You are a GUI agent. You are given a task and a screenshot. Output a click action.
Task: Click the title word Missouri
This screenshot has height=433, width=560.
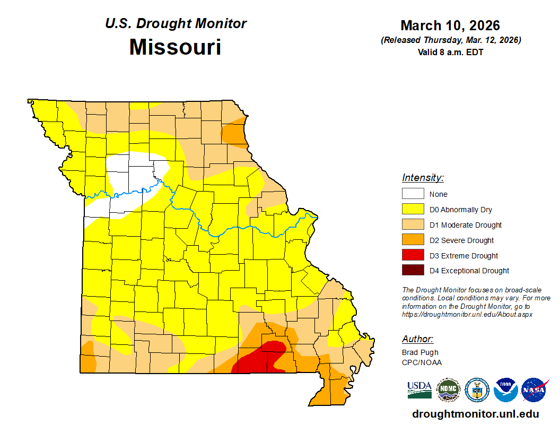pyautogui.click(x=175, y=47)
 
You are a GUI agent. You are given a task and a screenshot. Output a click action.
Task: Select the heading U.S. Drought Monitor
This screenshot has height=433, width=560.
pyautogui.click(x=176, y=24)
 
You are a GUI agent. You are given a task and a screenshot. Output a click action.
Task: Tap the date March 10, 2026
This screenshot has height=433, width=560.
pyautogui.click(x=450, y=25)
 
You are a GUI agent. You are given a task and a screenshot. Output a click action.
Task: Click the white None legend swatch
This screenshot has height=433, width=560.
pyautogui.click(x=413, y=194)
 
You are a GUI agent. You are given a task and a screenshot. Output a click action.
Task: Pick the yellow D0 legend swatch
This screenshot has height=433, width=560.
pyautogui.click(x=413, y=210)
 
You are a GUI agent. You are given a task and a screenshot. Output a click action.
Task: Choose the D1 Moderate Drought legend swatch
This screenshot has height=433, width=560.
pyautogui.click(x=413, y=225)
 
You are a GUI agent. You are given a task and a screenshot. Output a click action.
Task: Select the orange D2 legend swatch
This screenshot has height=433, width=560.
pyautogui.click(x=413, y=240)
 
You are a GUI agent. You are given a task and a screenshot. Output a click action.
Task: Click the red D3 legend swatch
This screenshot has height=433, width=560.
pyautogui.click(x=413, y=255)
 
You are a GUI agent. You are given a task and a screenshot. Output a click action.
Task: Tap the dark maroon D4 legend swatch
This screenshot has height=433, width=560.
pyautogui.click(x=413, y=271)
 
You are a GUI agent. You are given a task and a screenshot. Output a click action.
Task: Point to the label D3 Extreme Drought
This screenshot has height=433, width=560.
pyautogui.click(x=463, y=256)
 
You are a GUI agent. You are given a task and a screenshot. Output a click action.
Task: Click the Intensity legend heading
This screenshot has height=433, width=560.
pyautogui.click(x=423, y=178)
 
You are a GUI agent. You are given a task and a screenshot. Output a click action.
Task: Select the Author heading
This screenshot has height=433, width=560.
pyautogui.click(x=417, y=339)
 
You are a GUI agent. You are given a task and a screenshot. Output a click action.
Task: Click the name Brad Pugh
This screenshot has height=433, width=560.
pyautogui.click(x=420, y=352)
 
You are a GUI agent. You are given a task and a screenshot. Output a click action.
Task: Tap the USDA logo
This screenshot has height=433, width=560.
pyautogui.click(x=419, y=390)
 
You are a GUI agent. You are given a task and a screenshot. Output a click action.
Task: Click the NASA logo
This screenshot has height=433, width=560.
pyautogui.click(x=534, y=390)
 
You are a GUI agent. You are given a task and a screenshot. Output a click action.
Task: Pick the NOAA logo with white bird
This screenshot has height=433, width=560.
pyautogui.click(x=505, y=390)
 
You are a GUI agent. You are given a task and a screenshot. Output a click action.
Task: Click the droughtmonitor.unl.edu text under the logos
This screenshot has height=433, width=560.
pyautogui.click(x=475, y=414)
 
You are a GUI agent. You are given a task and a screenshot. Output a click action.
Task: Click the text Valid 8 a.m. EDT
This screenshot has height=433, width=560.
pyautogui.click(x=450, y=52)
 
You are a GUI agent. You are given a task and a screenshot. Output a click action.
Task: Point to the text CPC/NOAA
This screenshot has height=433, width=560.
pyautogui.click(x=422, y=362)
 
